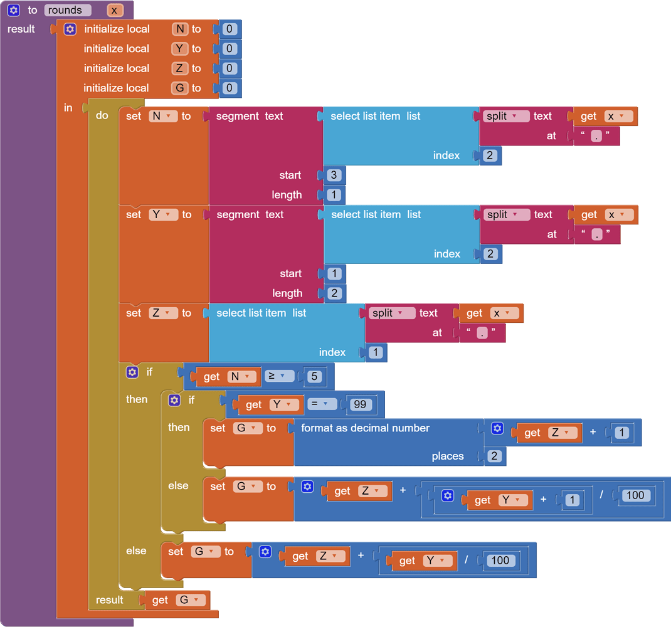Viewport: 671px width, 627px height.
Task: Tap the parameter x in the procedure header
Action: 114,10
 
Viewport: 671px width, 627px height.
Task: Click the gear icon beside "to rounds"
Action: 13,10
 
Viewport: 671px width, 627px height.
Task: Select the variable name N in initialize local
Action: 180,29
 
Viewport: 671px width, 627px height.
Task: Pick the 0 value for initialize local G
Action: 230,88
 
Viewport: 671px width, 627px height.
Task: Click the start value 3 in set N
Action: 334,175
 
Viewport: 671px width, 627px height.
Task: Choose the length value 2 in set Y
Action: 334,293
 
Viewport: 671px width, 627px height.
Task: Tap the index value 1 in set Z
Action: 376,352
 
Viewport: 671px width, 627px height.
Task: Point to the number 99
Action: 359,404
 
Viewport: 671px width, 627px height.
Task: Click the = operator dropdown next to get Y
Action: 321,404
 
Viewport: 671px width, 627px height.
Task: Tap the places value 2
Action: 494,456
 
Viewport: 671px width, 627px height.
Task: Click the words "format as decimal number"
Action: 365,428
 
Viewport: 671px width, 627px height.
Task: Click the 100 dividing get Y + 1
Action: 635,495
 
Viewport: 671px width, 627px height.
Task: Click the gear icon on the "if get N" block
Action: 132,372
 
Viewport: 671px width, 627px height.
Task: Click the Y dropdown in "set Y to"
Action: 162,214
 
